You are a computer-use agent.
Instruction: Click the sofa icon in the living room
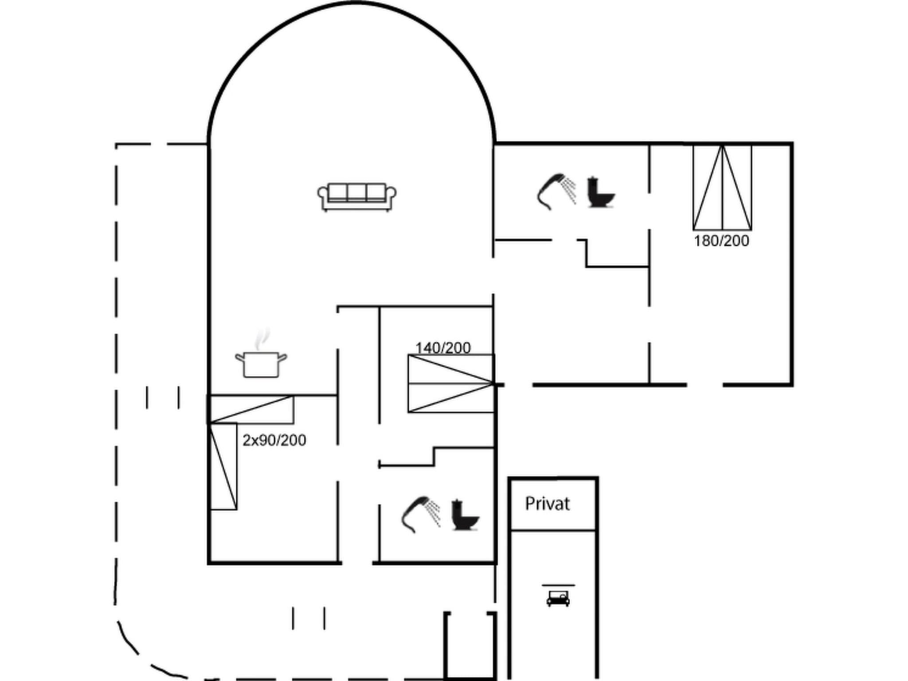tap(357, 197)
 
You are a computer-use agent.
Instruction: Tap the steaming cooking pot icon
tap(261, 364)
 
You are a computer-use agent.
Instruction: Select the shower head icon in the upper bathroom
tap(550, 191)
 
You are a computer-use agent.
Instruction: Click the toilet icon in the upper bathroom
tap(600, 192)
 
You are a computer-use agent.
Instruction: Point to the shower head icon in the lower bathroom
tap(414, 514)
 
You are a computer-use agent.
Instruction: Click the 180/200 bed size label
tap(721, 241)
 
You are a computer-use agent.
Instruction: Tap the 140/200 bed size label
tap(443, 348)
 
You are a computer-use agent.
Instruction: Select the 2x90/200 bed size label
tap(274, 440)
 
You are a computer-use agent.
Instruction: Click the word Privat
tap(547, 504)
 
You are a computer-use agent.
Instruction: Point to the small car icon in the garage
tap(558, 598)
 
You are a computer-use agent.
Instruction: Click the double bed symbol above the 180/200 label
tap(722, 188)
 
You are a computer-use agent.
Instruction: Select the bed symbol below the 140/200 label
tap(451, 384)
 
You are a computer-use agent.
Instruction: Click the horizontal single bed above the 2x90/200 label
tap(251, 409)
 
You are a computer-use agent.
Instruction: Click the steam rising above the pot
tap(262, 339)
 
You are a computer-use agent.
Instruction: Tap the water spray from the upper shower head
tap(569, 188)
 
